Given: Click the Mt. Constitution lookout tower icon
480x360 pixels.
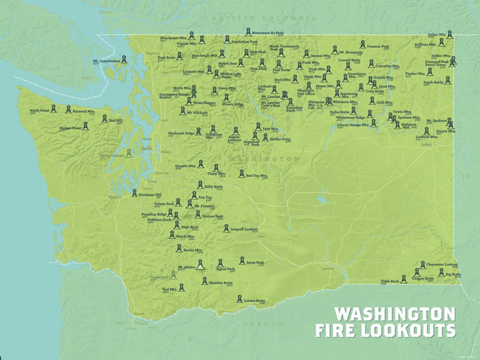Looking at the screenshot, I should (x=124, y=59).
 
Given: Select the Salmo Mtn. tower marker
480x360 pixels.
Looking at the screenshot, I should (x=450, y=34).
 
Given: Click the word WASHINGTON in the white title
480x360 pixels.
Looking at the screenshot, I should (x=395, y=315).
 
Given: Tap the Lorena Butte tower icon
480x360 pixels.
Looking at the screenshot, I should (x=240, y=299).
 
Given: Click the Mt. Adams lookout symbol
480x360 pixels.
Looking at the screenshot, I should (x=200, y=265).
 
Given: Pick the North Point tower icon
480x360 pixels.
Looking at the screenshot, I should (x=53, y=108).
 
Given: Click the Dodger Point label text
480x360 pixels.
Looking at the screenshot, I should (x=70, y=128).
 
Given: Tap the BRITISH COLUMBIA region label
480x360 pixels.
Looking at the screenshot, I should (x=264, y=19).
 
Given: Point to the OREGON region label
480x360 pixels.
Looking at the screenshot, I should (x=263, y=324).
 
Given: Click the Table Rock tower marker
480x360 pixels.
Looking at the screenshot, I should (x=403, y=279).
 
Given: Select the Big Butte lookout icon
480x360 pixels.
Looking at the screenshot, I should (x=441, y=272).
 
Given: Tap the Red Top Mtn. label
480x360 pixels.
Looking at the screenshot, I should (x=257, y=176).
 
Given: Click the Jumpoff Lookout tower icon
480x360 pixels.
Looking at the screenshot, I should (x=226, y=228).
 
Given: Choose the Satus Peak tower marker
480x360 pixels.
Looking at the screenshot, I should (x=242, y=261).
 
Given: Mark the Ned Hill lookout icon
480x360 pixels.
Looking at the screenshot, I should (x=104, y=119).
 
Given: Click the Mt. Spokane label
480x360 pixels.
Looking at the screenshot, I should (x=435, y=121).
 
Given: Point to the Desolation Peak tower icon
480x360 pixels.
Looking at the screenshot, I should (x=227, y=39).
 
